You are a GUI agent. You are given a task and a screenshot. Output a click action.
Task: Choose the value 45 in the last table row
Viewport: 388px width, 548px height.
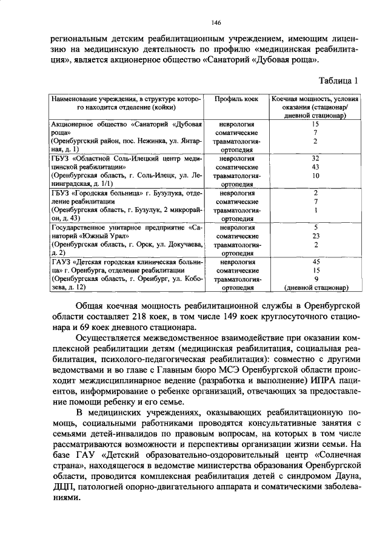click(315, 262)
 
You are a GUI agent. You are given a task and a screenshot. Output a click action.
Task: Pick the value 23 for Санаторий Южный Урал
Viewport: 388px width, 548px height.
click(315, 236)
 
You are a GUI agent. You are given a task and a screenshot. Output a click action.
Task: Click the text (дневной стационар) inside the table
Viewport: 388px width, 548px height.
click(315, 288)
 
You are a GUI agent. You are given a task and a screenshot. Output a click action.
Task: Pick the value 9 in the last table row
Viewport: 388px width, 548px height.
click(315, 279)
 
